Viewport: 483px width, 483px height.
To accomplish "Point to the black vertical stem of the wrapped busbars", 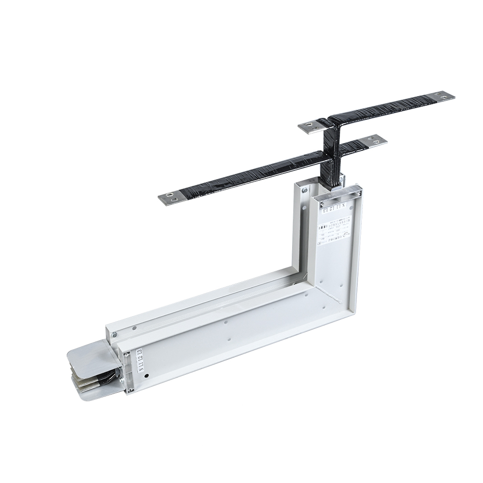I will (x=332, y=155).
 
